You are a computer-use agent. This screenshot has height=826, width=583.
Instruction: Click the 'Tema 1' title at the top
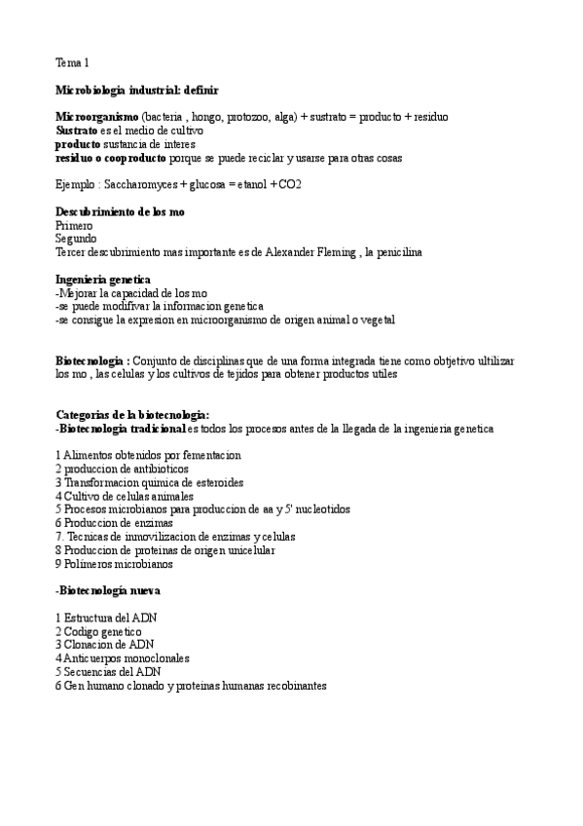click(x=72, y=63)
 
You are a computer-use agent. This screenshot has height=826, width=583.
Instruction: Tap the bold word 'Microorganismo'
click(x=96, y=116)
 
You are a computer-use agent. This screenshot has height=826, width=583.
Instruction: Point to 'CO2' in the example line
click(x=290, y=184)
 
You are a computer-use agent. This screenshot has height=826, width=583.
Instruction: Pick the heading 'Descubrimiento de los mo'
click(x=121, y=211)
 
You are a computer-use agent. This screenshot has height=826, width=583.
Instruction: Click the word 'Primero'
click(x=74, y=225)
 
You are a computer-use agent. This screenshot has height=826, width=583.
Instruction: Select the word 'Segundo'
click(x=76, y=238)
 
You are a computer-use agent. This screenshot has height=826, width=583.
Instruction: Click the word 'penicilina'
click(x=392, y=251)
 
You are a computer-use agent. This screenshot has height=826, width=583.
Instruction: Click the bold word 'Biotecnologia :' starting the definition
click(x=92, y=360)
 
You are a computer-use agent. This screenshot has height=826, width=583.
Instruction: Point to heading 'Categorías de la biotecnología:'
click(x=132, y=414)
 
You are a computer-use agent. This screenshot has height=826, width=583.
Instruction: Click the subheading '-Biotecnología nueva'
click(x=108, y=590)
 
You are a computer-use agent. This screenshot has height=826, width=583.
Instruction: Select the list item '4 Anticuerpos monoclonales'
click(x=123, y=657)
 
